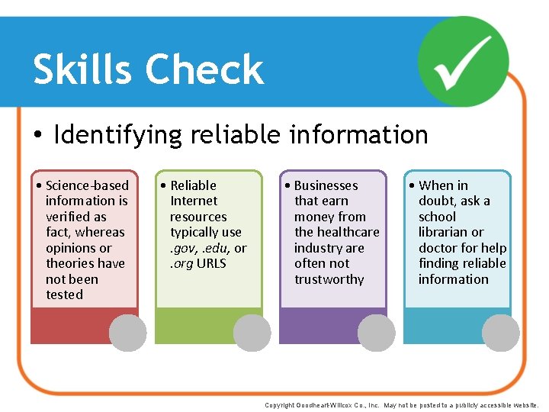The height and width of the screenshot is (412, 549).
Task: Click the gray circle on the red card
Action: point(127,333)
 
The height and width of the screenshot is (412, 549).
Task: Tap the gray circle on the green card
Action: point(252,333)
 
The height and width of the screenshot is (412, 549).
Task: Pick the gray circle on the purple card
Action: point(377,333)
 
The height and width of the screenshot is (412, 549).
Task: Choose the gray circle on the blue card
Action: point(501,333)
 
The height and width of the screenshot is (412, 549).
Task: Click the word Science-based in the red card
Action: point(87,185)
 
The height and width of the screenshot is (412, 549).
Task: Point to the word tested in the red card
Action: point(64,295)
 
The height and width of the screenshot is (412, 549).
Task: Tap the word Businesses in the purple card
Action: point(326,185)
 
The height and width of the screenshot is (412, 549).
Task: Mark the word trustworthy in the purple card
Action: point(329,279)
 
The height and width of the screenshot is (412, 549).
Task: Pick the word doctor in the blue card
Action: point(438,248)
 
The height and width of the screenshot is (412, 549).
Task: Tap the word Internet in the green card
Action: point(194,201)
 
